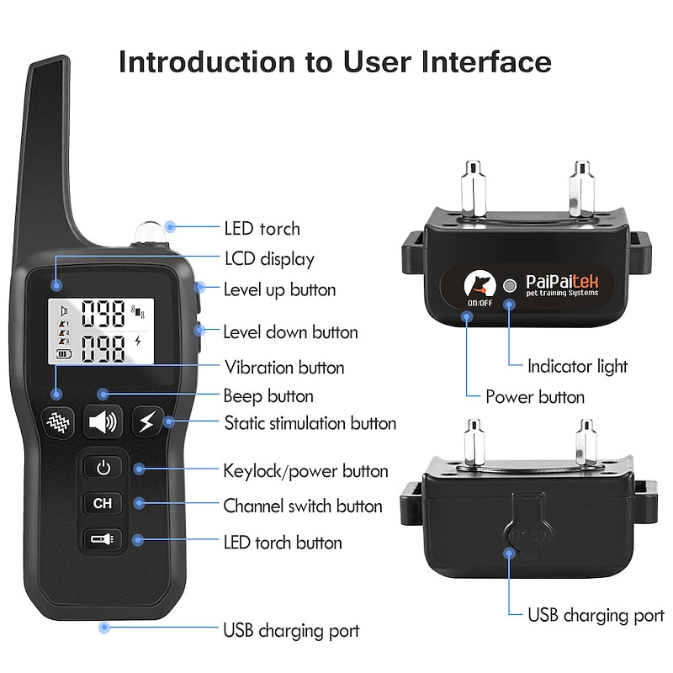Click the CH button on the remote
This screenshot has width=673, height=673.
(x=103, y=504)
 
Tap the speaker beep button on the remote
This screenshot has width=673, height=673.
(x=103, y=421)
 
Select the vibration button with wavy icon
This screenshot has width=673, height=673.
(x=59, y=421)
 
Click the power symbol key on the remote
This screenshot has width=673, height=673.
(x=103, y=468)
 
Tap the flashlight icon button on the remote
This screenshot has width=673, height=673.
(x=103, y=538)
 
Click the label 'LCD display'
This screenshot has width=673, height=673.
(x=268, y=259)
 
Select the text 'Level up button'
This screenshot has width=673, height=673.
(x=279, y=290)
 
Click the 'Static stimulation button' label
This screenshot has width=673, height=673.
(x=310, y=422)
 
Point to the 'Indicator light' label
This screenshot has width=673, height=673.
(x=577, y=366)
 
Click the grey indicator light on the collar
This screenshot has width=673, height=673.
(x=508, y=285)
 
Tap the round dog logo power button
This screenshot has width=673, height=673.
(x=480, y=284)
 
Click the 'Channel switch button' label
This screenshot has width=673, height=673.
(x=302, y=506)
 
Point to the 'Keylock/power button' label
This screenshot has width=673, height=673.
(x=305, y=471)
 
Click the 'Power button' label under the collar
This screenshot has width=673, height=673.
(x=535, y=396)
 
